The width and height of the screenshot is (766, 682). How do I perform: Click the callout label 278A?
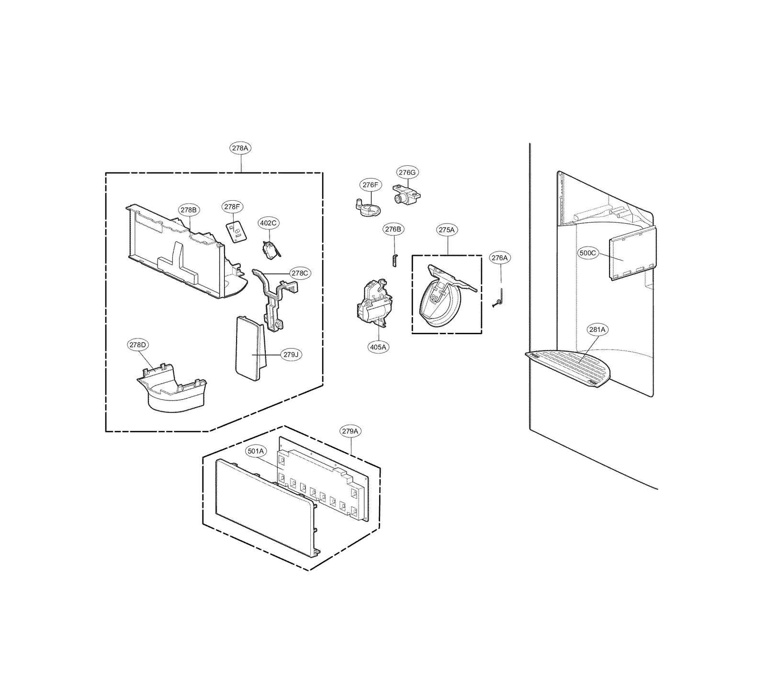240,148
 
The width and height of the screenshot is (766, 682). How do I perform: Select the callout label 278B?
189,210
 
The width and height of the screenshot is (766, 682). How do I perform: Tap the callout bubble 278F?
232,207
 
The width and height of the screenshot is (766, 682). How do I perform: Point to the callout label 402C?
268,223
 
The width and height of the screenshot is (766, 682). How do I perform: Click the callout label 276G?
407,172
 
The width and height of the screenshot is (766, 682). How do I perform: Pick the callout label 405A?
378,347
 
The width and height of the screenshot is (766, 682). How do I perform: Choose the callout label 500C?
588,253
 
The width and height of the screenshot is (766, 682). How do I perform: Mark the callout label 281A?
597,330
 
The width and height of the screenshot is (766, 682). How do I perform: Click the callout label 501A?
256,451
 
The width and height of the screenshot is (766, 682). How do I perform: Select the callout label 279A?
350,431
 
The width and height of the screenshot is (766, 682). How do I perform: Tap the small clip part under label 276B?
394,260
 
